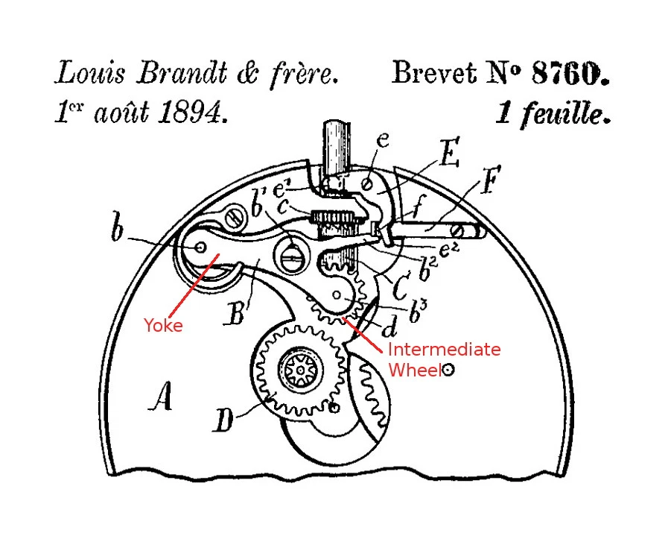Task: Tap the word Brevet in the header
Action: point(433,72)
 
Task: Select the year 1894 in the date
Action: point(193,113)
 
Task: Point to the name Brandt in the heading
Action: point(182,73)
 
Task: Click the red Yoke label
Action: point(163,325)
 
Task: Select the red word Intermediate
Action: point(444,349)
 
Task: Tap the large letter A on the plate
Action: point(161,397)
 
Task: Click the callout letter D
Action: point(223,420)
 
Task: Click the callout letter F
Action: point(490,180)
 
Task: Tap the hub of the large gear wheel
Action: point(300,370)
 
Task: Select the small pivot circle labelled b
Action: point(200,247)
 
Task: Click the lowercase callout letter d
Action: point(389,327)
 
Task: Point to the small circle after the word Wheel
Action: point(448,370)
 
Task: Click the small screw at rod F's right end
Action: point(459,231)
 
